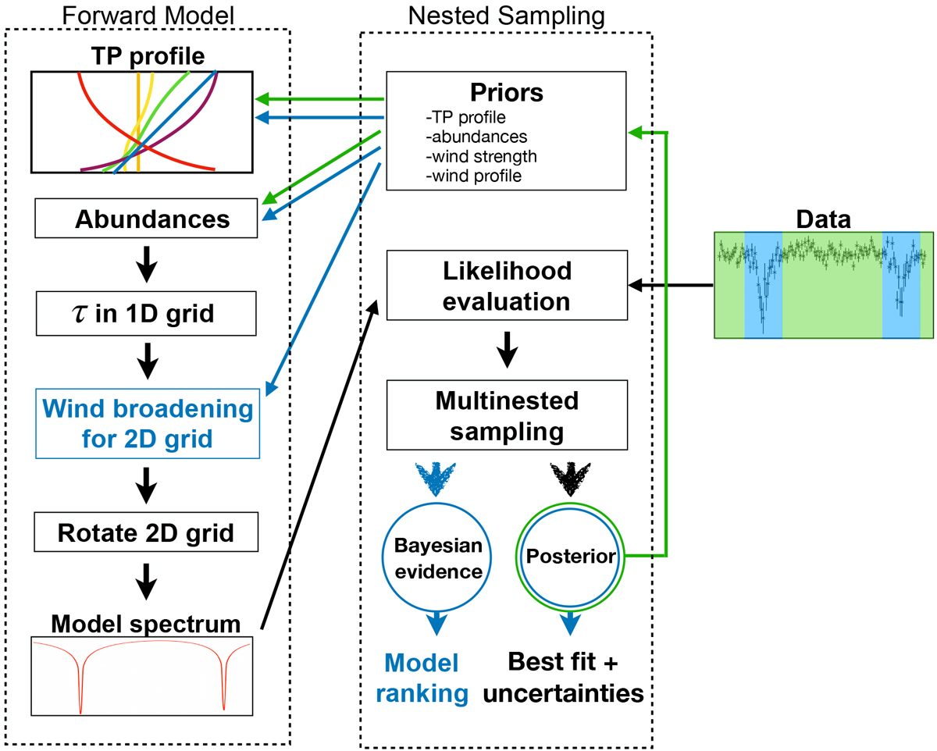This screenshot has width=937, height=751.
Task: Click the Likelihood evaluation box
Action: (x=507, y=285)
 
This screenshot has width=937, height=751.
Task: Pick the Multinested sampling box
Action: (x=507, y=415)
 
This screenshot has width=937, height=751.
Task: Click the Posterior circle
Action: (x=572, y=556)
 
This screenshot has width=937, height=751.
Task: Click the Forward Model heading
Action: (x=146, y=14)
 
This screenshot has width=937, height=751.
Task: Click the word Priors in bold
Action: (x=506, y=92)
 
